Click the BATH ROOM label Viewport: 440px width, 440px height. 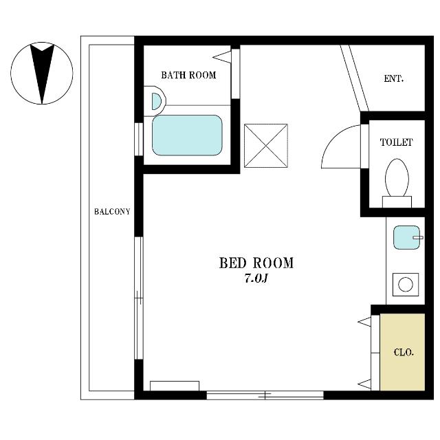pyautogui.click(x=188, y=75)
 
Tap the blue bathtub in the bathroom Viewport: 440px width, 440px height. pyautogui.click(x=187, y=135)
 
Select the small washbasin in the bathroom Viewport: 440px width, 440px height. pyautogui.click(x=156, y=101)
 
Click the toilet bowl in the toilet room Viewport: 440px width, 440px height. pyautogui.click(x=397, y=178)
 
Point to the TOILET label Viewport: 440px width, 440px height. pyautogui.click(x=396, y=142)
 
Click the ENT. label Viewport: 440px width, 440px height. pyautogui.click(x=394, y=78)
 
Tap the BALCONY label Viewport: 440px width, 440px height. pyautogui.click(x=112, y=212)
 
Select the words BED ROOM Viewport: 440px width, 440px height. pyautogui.click(x=256, y=263)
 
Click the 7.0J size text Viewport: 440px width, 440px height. pyautogui.click(x=256, y=278)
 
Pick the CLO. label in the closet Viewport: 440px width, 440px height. pyautogui.click(x=404, y=353)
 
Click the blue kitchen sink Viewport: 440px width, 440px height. pyautogui.click(x=406, y=237)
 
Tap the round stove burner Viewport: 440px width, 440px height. pyautogui.click(x=406, y=285)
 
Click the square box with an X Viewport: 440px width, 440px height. pyautogui.click(x=266, y=146)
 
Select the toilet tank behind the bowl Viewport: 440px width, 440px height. pyautogui.click(x=397, y=201)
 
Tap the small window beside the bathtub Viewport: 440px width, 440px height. pyautogui.click(x=139, y=139)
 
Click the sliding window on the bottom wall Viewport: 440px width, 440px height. pyautogui.click(x=265, y=395)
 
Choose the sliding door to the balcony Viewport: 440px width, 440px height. pyautogui.click(x=139, y=298)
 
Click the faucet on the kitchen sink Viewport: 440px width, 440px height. pyautogui.click(x=418, y=238)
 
